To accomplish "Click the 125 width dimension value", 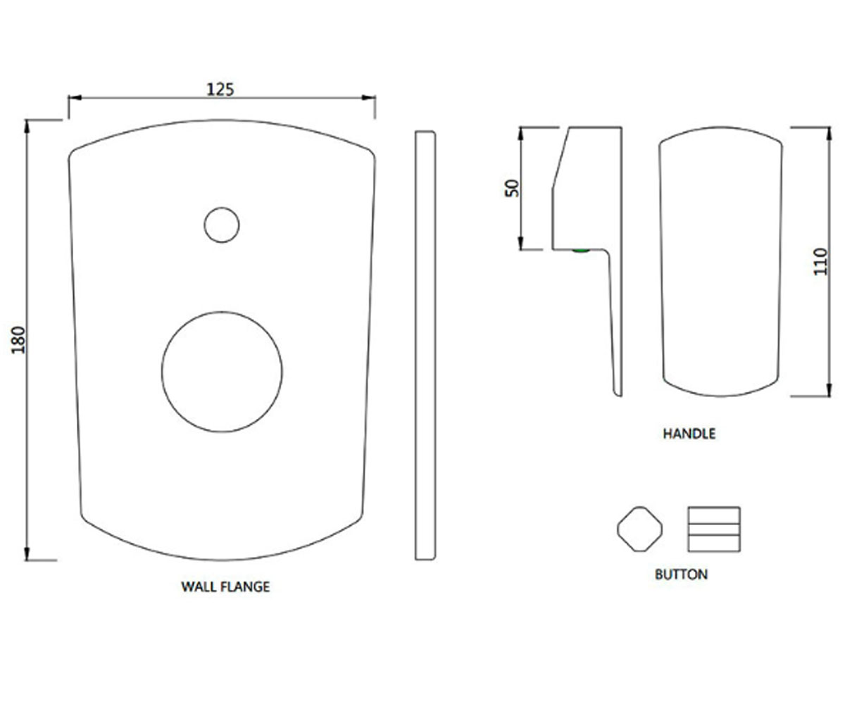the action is (220, 89).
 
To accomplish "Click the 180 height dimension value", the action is (18, 340).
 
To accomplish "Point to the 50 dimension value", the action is (512, 188).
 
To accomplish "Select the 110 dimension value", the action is (821, 262).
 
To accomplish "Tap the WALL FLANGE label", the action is (225, 586).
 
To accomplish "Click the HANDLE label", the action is (689, 434).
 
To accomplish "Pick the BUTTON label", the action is (682, 574).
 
